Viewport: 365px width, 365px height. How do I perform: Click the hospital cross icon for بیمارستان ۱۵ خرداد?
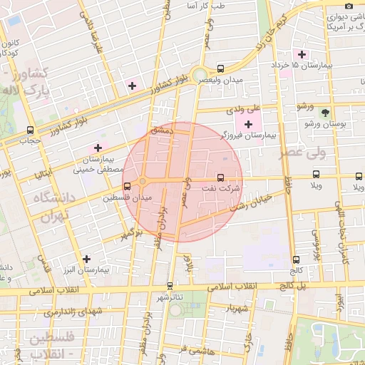pyautogui.click(x=302, y=54)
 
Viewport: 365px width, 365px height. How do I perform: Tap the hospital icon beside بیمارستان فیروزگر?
pyautogui.click(x=248, y=125)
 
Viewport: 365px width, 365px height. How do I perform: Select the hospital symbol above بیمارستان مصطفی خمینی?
pyautogui.click(x=98, y=148)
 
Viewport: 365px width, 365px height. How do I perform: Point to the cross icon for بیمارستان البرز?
pyautogui.click(x=87, y=259)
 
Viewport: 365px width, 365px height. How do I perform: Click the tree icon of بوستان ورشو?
pyautogui.click(x=325, y=112)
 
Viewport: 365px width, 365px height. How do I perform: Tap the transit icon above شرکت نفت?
pyautogui.click(x=220, y=177)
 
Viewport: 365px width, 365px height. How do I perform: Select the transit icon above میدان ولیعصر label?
pyautogui.click(x=220, y=69)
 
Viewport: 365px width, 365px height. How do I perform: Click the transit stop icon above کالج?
pyautogui.click(x=296, y=259)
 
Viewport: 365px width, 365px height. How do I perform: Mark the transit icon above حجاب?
pyautogui.click(x=30, y=130)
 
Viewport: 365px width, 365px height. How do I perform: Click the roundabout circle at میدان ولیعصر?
pyautogui.click(x=200, y=73)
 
